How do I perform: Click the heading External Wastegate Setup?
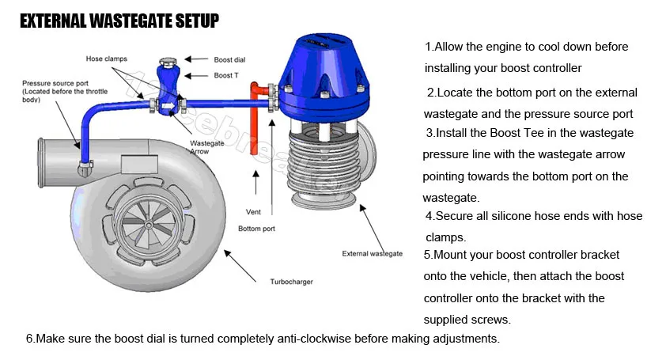coord(119,21)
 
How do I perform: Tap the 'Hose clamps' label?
coord(106,59)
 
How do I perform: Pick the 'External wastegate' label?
coord(372,254)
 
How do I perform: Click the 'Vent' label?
coord(253,212)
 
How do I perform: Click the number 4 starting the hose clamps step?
coord(429,215)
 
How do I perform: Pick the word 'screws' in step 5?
coord(490,320)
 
